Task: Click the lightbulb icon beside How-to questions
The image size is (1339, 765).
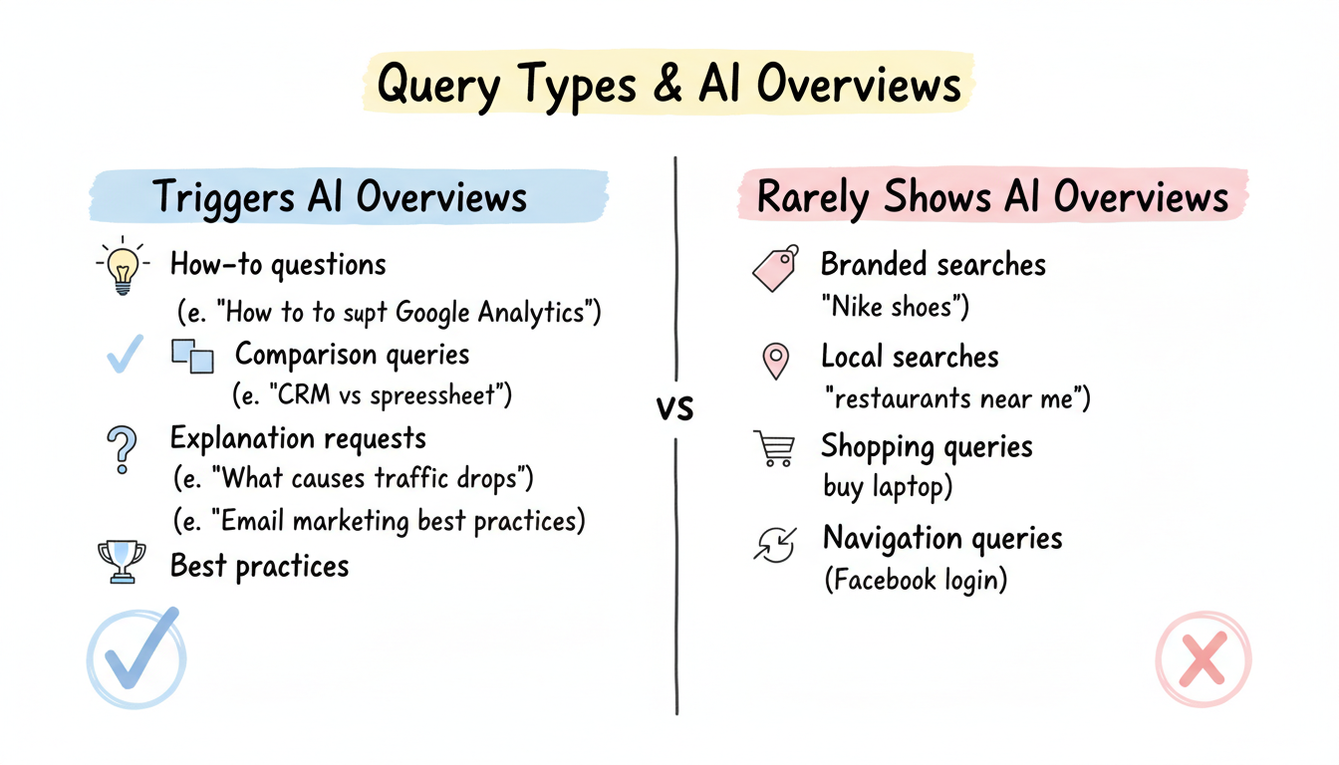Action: (123, 267)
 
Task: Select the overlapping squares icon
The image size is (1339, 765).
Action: (193, 356)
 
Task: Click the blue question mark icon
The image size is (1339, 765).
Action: (122, 448)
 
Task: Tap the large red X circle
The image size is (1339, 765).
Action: (1203, 658)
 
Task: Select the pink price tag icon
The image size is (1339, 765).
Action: (776, 267)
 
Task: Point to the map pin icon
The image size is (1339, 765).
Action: (775, 361)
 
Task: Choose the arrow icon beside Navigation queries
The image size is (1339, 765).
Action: (776, 544)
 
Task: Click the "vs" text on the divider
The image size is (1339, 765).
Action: (675, 407)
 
